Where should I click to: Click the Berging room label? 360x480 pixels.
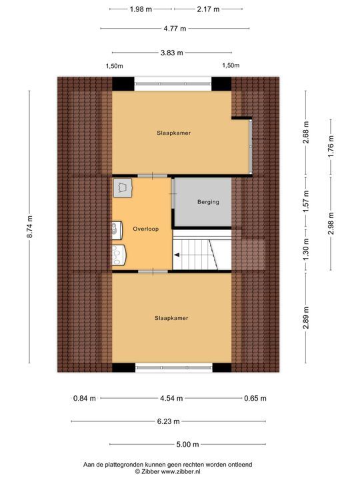click(x=208, y=202)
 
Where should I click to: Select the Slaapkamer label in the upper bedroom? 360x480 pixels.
click(x=174, y=133)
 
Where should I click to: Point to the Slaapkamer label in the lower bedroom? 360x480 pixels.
click(x=171, y=318)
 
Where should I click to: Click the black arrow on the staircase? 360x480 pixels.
click(x=177, y=254)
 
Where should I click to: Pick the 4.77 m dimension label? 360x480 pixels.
click(x=175, y=29)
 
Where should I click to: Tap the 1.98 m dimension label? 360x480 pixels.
click(x=140, y=9)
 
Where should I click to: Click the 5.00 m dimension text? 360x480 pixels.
click(x=188, y=445)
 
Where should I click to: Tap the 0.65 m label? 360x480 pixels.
click(x=255, y=399)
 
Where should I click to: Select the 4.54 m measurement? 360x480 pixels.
click(x=171, y=399)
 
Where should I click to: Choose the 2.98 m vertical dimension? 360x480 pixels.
click(x=331, y=230)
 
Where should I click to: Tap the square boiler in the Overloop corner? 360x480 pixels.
click(x=123, y=188)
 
